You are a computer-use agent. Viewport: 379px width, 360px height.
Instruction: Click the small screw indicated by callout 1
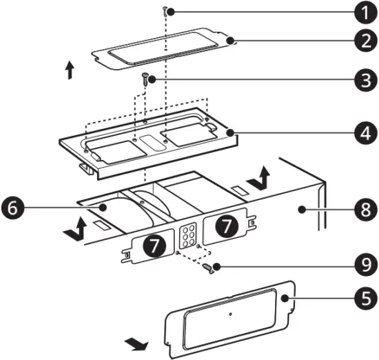tap(166, 10)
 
